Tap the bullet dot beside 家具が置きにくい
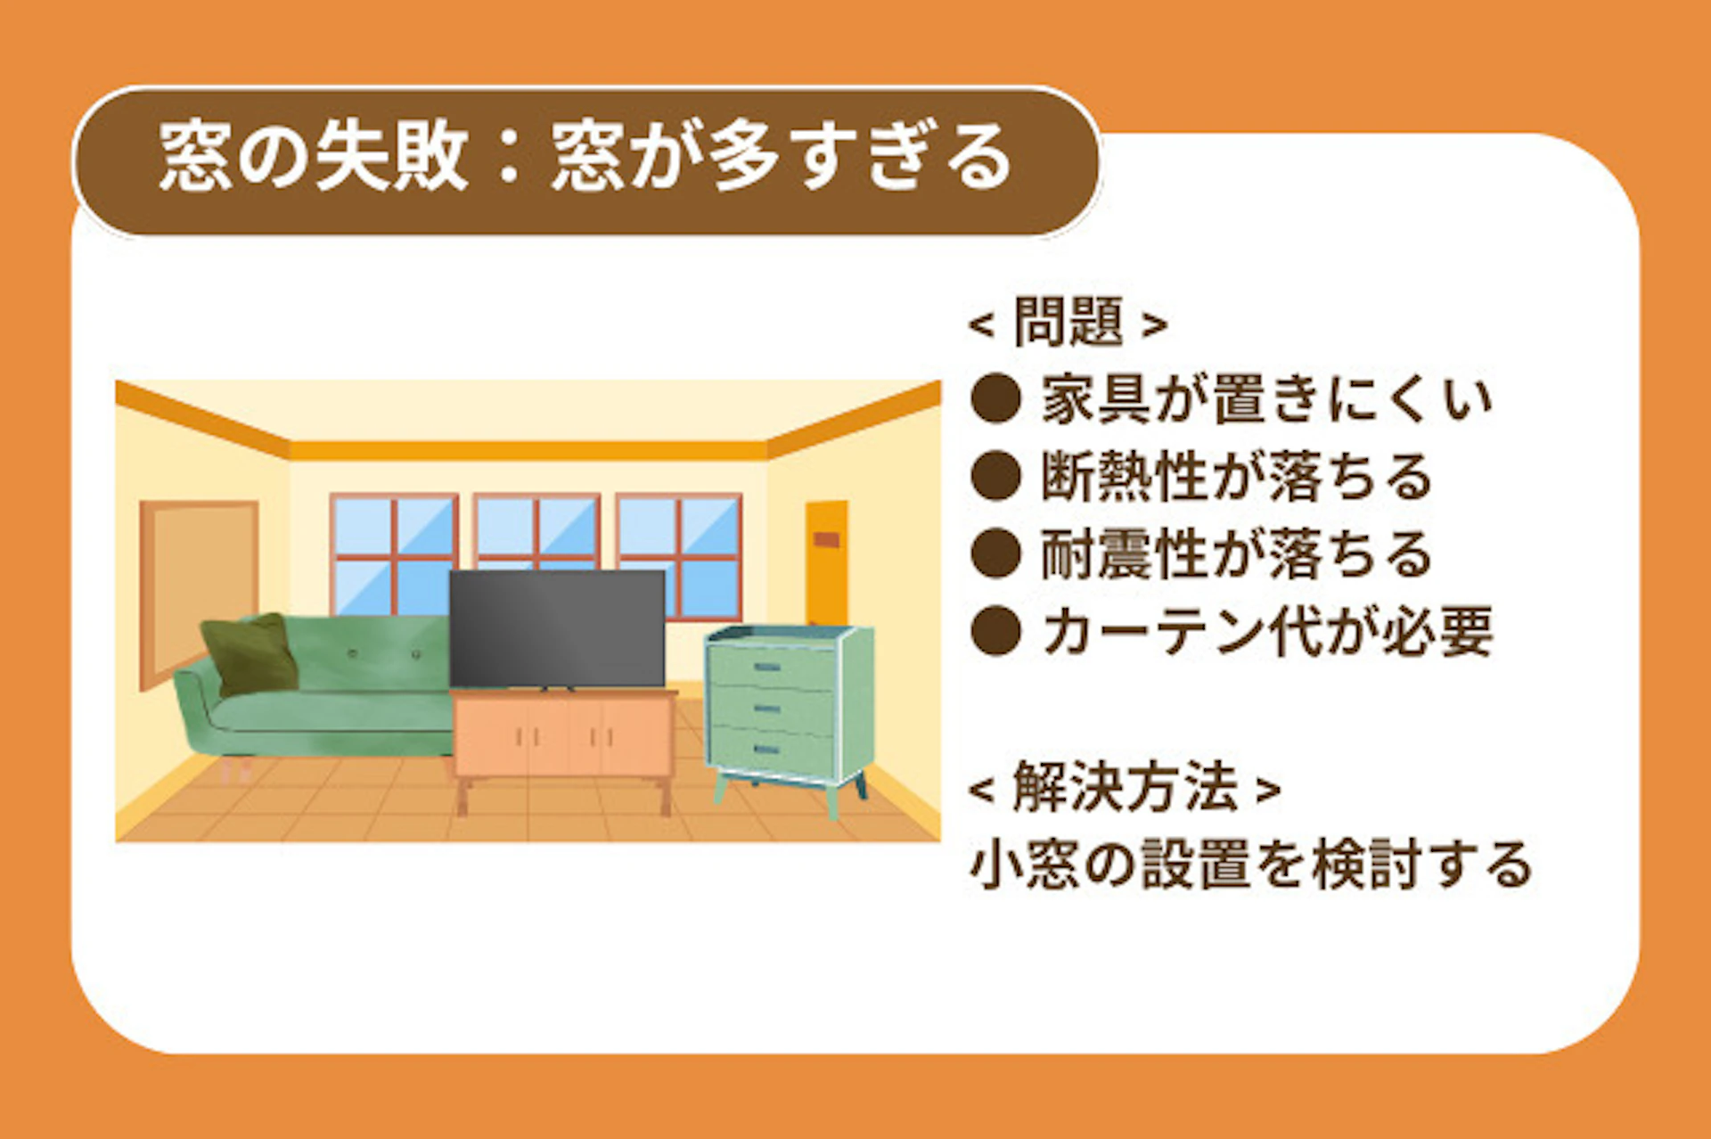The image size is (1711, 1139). click(x=995, y=398)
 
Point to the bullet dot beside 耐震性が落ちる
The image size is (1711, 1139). click(x=995, y=553)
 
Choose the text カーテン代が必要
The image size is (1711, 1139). click(x=1267, y=631)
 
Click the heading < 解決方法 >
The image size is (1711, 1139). click(x=1125, y=787)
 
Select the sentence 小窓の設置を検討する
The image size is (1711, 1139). click(x=1250, y=864)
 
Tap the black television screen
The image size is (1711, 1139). click(x=557, y=628)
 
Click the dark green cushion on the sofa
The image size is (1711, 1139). click(x=250, y=653)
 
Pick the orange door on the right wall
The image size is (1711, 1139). click(x=827, y=563)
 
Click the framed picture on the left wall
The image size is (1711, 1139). click(x=199, y=592)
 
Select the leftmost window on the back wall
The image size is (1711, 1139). click(x=394, y=554)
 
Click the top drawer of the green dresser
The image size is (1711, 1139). click(x=772, y=667)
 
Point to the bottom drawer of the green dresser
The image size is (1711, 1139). click(x=772, y=749)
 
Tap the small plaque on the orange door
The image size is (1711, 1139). click(x=826, y=539)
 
